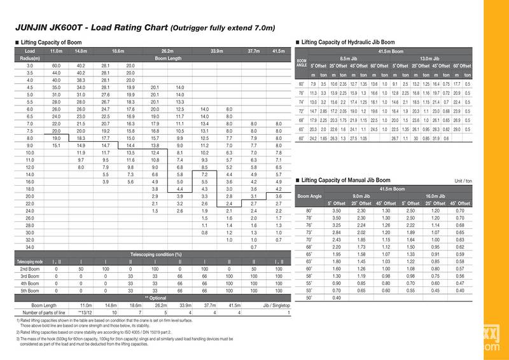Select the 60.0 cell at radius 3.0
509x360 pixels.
(55, 66)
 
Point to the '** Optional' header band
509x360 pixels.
(155, 297)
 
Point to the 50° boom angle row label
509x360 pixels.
(310, 298)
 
